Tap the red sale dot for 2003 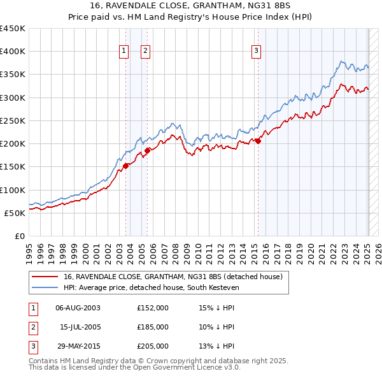pos(126,166)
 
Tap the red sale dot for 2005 pos(147,150)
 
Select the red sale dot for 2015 pos(258,141)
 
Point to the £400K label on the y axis pos(13,51)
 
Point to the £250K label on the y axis pos(13,120)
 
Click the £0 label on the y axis pos(19,236)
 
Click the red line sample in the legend pos(45,277)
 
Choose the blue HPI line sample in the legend pos(45,287)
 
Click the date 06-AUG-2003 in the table pos(78,307)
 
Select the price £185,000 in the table pos(153,327)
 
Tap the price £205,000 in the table pos(153,346)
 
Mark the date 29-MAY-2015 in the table pos(78,346)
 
